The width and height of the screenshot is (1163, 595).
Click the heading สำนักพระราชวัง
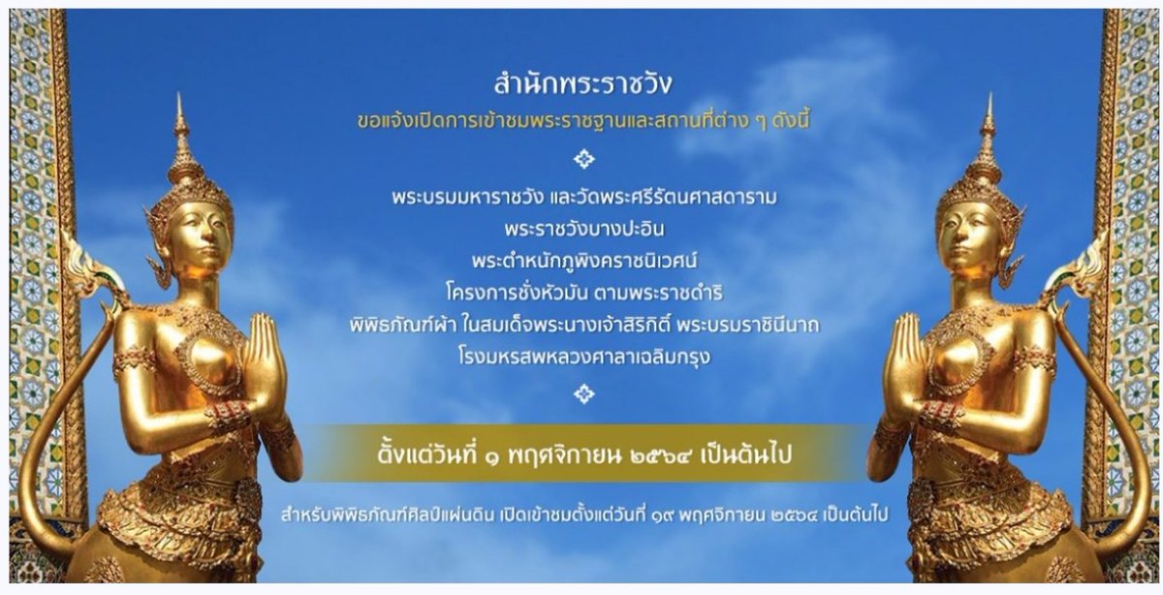click(583, 85)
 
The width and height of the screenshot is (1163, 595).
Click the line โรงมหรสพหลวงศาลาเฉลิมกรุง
click(583, 357)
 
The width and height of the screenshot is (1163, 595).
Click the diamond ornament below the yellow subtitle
click(583, 158)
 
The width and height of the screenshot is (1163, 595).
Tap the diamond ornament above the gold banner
click(583, 393)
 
